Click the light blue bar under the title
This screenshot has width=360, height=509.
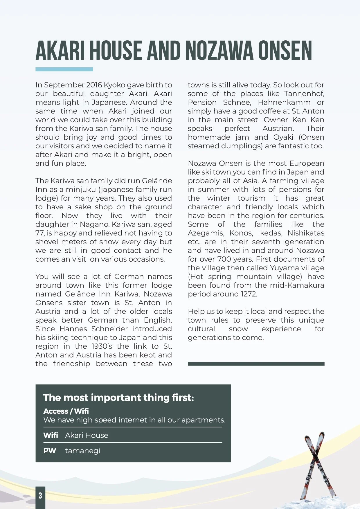tap(64, 69)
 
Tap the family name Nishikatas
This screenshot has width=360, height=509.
tap(306, 233)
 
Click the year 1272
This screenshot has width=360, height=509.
tap(249, 294)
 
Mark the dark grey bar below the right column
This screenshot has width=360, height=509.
tap(256, 364)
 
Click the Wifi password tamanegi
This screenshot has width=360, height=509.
tap(83, 451)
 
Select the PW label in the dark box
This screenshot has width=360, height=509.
tap(50, 451)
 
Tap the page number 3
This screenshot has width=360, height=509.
tap(40, 496)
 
